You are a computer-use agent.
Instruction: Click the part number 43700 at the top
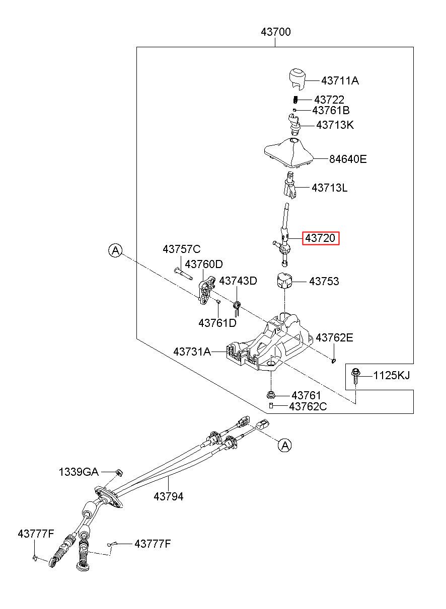coord(275,32)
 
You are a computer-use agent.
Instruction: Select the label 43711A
coord(340,81)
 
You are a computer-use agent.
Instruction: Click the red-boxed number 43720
coord(320,238)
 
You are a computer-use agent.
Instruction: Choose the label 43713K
coord(335,125)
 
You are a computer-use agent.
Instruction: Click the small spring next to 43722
coord(295,100)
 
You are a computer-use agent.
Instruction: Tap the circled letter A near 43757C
coord(115,250)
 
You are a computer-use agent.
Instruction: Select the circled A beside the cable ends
coord(284,445)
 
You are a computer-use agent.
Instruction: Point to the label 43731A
coord(192,352)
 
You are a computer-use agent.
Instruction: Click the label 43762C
coord(308,407)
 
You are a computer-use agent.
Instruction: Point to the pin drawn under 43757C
coord(183,274)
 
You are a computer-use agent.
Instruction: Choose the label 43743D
coord(238,281)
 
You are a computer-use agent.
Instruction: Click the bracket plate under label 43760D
coord(207,290)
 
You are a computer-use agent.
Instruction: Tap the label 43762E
coord(334,337)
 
